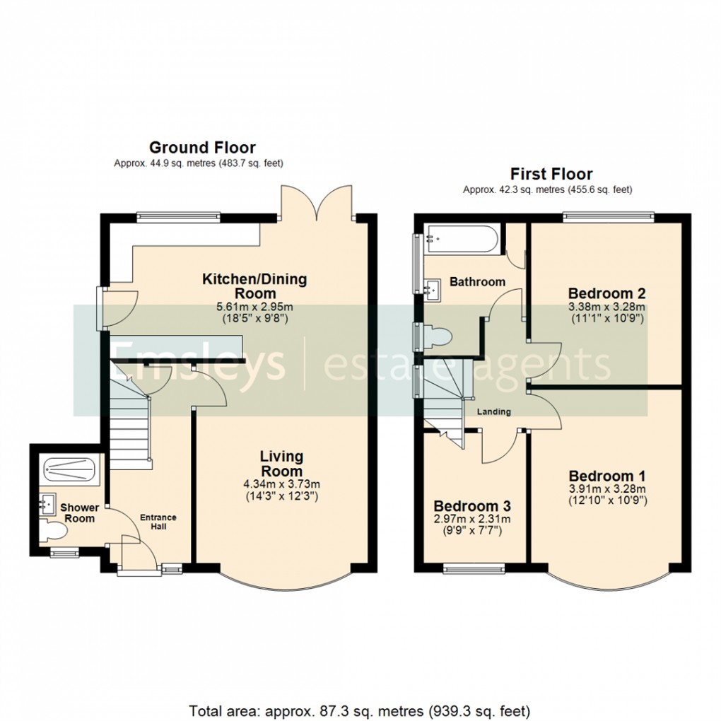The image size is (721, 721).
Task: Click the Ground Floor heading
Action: click(x=202, y=148)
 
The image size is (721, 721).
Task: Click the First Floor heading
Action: click(x=551, y=174)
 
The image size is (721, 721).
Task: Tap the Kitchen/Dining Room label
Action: click(x=254, y=286)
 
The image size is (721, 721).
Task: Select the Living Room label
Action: click(x=281, y=464)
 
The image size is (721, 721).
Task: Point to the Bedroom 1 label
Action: click(x=606, y=476)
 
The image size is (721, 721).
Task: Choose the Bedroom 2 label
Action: click(x=607, y=293)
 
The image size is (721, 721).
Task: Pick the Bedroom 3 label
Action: click(x=472, y=506)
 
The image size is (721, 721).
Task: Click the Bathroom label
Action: click(x=478, y=281)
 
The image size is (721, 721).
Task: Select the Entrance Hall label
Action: click(x=158, y=522)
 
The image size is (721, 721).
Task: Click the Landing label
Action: click(x=493, y=412)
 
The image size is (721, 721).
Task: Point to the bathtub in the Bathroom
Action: click(x=460, y=240)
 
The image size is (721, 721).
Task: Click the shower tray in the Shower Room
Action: click(x=69, y=468)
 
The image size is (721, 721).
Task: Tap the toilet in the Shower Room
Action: click(x=50, y=529)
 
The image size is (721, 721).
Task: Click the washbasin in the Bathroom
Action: click(x=431, y=287)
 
